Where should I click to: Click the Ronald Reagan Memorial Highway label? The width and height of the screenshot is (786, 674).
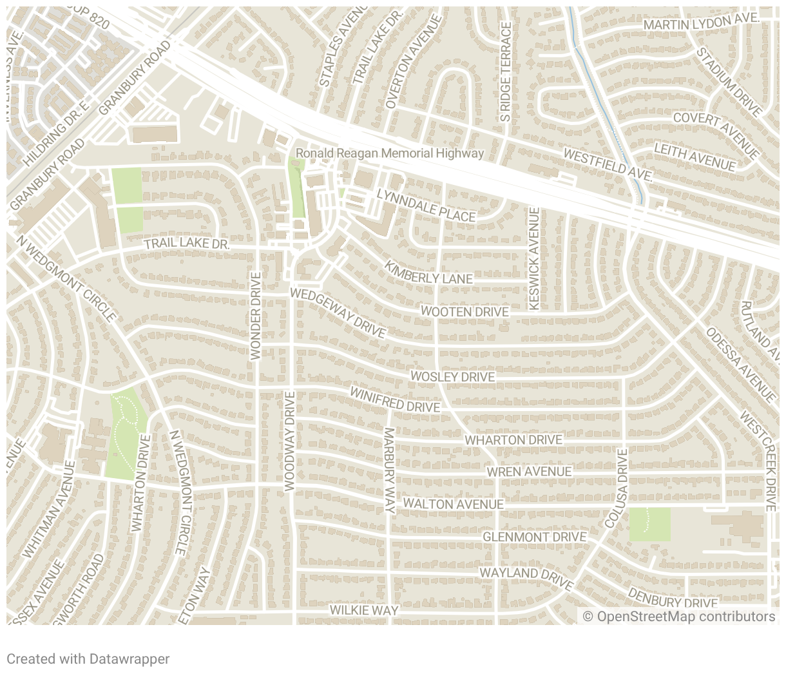(389, 153)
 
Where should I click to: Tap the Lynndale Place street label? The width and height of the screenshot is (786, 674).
(426, 206)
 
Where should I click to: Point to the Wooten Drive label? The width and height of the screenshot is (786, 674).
(465, 312)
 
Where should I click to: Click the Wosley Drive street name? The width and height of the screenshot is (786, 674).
(452, 376)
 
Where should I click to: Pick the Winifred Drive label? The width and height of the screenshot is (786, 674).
(394, 400)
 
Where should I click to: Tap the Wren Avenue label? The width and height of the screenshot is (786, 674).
(528, 472)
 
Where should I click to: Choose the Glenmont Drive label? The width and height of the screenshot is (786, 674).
(534, 537)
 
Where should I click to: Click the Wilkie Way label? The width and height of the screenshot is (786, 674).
(364, 610)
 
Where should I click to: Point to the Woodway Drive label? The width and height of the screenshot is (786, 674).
(289, 441)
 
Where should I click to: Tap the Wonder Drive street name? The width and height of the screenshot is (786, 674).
(255, 316)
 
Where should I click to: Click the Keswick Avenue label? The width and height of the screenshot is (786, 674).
(533, 258)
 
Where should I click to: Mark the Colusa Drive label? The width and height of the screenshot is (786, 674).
(617, 488)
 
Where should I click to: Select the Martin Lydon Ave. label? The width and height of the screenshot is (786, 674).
(701, 23)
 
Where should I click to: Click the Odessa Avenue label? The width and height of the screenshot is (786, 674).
(740, 364)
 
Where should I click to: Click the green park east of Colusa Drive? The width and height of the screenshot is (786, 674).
(649, 524)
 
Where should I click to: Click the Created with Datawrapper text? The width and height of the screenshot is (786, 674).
(88, 659)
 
